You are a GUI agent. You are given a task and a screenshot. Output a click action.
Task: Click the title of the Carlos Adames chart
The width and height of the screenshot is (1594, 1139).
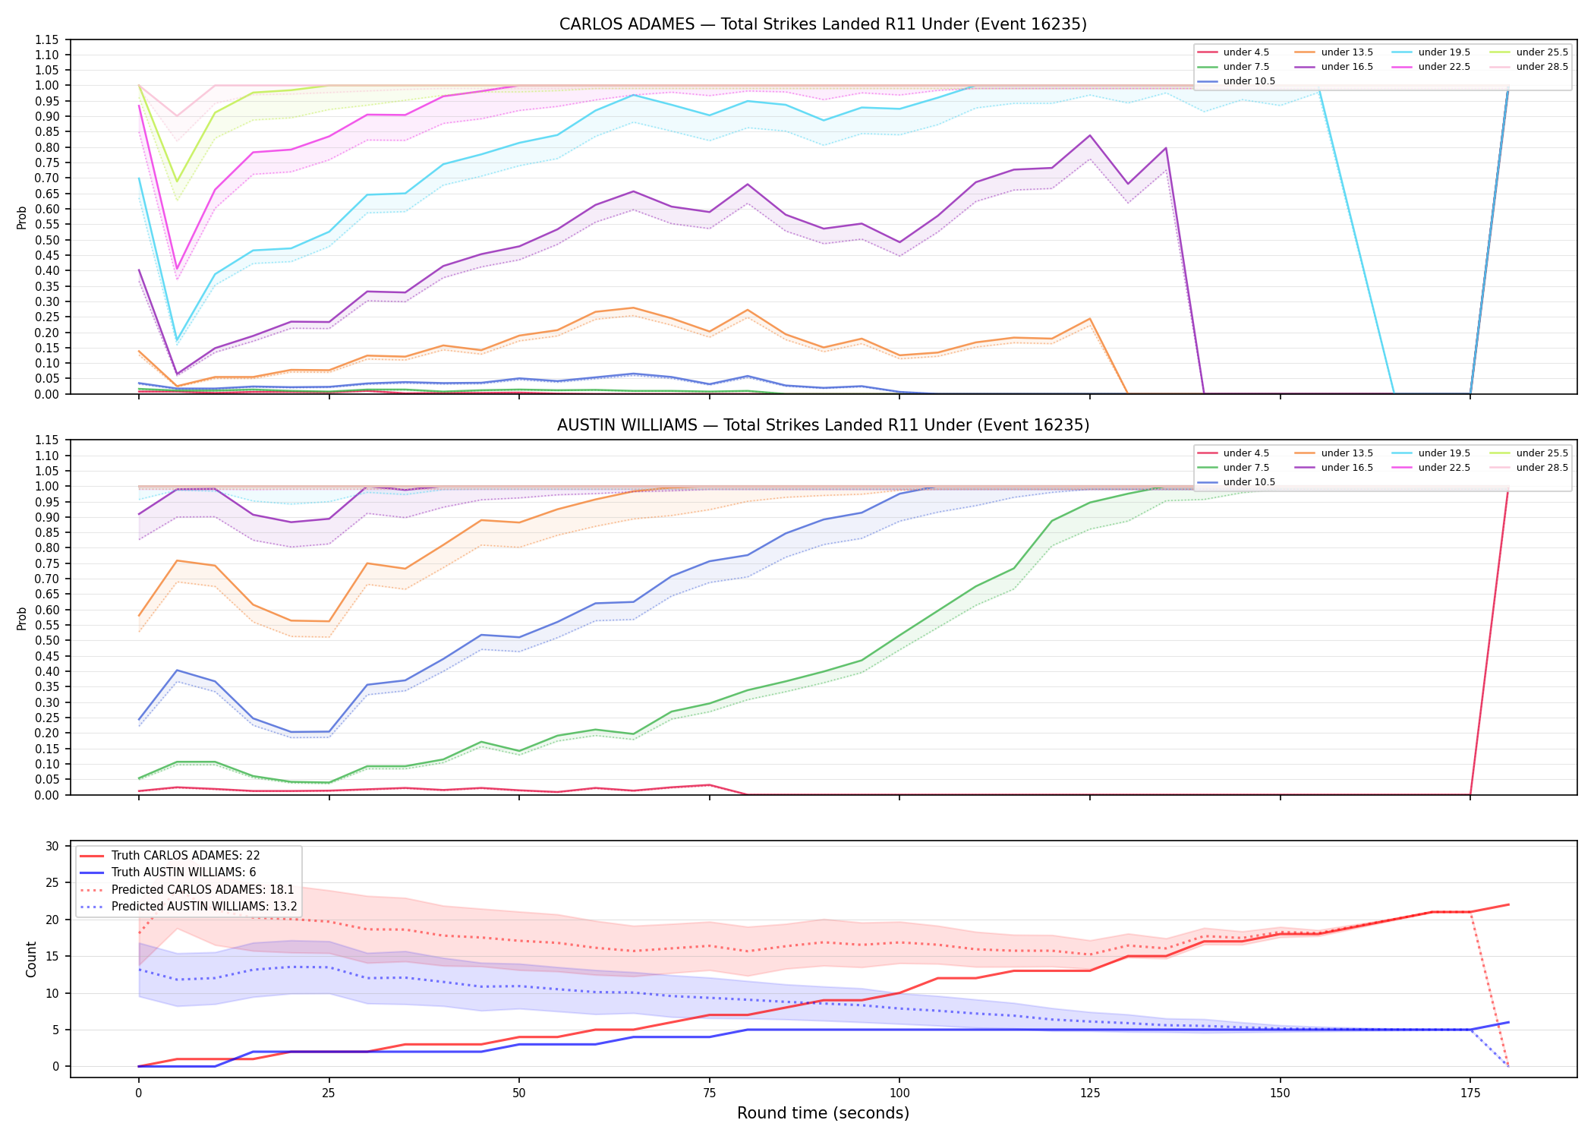(x=823, y=24)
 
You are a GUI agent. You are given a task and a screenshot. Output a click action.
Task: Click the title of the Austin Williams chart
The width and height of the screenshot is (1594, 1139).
(x=823, y=425)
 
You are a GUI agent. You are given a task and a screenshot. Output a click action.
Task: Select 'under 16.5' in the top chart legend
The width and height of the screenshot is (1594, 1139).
(x=1347, y=67)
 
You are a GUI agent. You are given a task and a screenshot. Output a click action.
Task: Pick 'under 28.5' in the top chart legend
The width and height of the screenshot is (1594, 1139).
(x=1542, y=67)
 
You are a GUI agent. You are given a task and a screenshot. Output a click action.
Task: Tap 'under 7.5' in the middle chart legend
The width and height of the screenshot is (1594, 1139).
(x=1246, y=468)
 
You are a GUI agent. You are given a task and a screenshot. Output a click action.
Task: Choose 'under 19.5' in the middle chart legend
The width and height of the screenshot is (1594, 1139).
(x=1444, y=453)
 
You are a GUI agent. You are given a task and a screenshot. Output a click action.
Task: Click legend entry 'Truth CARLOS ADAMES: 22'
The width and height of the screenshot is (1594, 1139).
(x=185, y=856)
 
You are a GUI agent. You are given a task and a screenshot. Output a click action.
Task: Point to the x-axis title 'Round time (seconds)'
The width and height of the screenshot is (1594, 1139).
(x=823, y=1113)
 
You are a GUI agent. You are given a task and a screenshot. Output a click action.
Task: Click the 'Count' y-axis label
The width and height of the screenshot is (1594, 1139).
(x=31, y=959)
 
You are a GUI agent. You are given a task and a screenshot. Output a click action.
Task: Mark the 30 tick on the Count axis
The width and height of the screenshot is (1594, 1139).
(x=52, y=846)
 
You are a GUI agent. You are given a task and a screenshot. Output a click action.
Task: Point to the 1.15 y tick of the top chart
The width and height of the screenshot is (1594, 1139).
(x=48, y=39)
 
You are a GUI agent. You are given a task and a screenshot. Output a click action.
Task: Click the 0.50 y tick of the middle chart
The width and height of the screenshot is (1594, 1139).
(x=48, y=640)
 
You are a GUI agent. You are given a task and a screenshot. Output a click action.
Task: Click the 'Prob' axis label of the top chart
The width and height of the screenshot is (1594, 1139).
(x=22, y=218)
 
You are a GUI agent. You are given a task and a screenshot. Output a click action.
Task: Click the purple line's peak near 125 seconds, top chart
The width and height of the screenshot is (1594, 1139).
(x=1090, y=135)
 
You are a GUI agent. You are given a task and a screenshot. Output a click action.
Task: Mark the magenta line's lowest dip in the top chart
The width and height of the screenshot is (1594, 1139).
(x=177, y=269)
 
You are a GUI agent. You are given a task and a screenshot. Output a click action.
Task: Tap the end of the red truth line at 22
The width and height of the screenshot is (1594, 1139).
(x=1508, y=904)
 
